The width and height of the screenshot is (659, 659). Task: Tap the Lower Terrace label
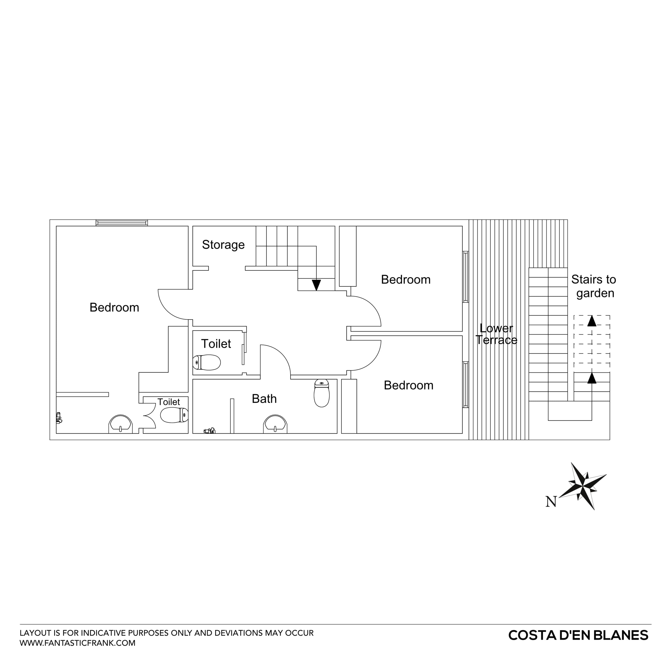496,334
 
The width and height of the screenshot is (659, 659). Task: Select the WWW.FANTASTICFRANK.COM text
77,643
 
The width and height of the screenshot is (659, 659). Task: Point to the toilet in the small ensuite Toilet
174,415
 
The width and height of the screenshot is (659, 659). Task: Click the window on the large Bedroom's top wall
122,223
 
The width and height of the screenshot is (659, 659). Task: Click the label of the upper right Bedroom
406,279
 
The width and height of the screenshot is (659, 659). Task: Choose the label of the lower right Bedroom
408,385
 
